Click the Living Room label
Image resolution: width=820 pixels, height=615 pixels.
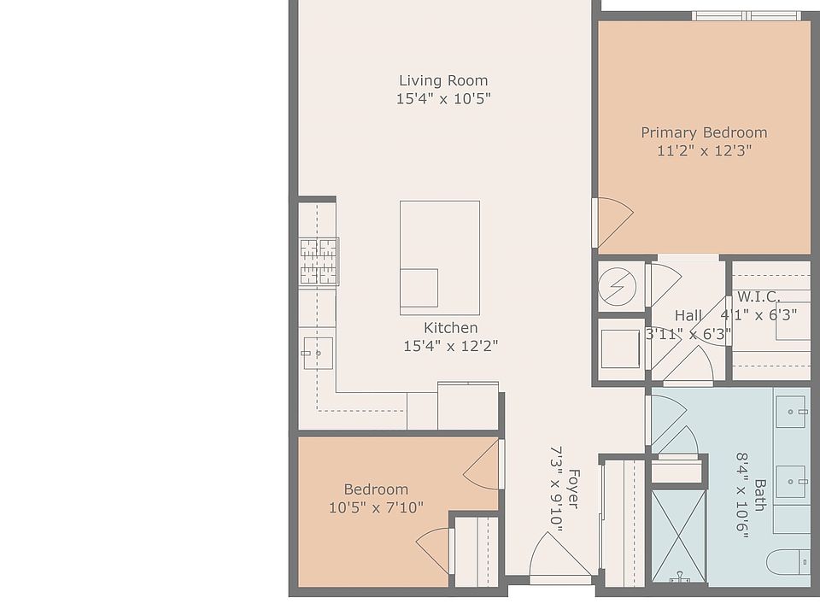point(443,80)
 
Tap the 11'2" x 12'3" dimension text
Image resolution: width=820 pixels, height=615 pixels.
point(704,150)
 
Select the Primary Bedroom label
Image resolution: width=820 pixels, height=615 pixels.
point(704,132)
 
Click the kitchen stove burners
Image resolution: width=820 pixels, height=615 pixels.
point(319,261)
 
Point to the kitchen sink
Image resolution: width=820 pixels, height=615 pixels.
point(318,354)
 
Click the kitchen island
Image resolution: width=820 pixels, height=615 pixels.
point(440,258)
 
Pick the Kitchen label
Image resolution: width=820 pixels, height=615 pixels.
point(450,328)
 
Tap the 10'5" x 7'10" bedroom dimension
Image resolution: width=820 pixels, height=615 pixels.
point(376,507)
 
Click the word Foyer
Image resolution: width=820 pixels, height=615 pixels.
point(573,489)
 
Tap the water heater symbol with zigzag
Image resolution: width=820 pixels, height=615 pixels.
point(617,286)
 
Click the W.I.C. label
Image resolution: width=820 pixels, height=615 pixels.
point(758,297)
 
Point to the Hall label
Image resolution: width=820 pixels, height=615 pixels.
point(688,315)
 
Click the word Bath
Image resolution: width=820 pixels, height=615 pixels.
point(760,495)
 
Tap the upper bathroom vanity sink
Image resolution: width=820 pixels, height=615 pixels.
point(790,412)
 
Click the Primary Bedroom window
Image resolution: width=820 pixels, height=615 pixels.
point(747,16)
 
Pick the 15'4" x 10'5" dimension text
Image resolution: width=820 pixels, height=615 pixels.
point(443,98)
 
